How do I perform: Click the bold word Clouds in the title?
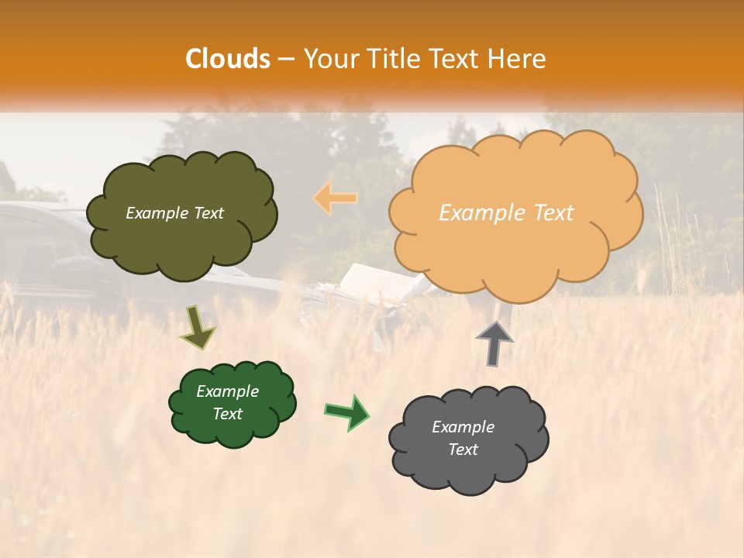click(227, 59)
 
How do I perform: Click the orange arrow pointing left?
click(335, 198)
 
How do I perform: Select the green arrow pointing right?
click(347, 412)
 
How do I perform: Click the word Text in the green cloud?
click(228, 414)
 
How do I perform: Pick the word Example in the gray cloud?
click(463, 427)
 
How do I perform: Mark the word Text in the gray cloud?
click(463, 449)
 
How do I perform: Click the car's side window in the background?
click(31, 248)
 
